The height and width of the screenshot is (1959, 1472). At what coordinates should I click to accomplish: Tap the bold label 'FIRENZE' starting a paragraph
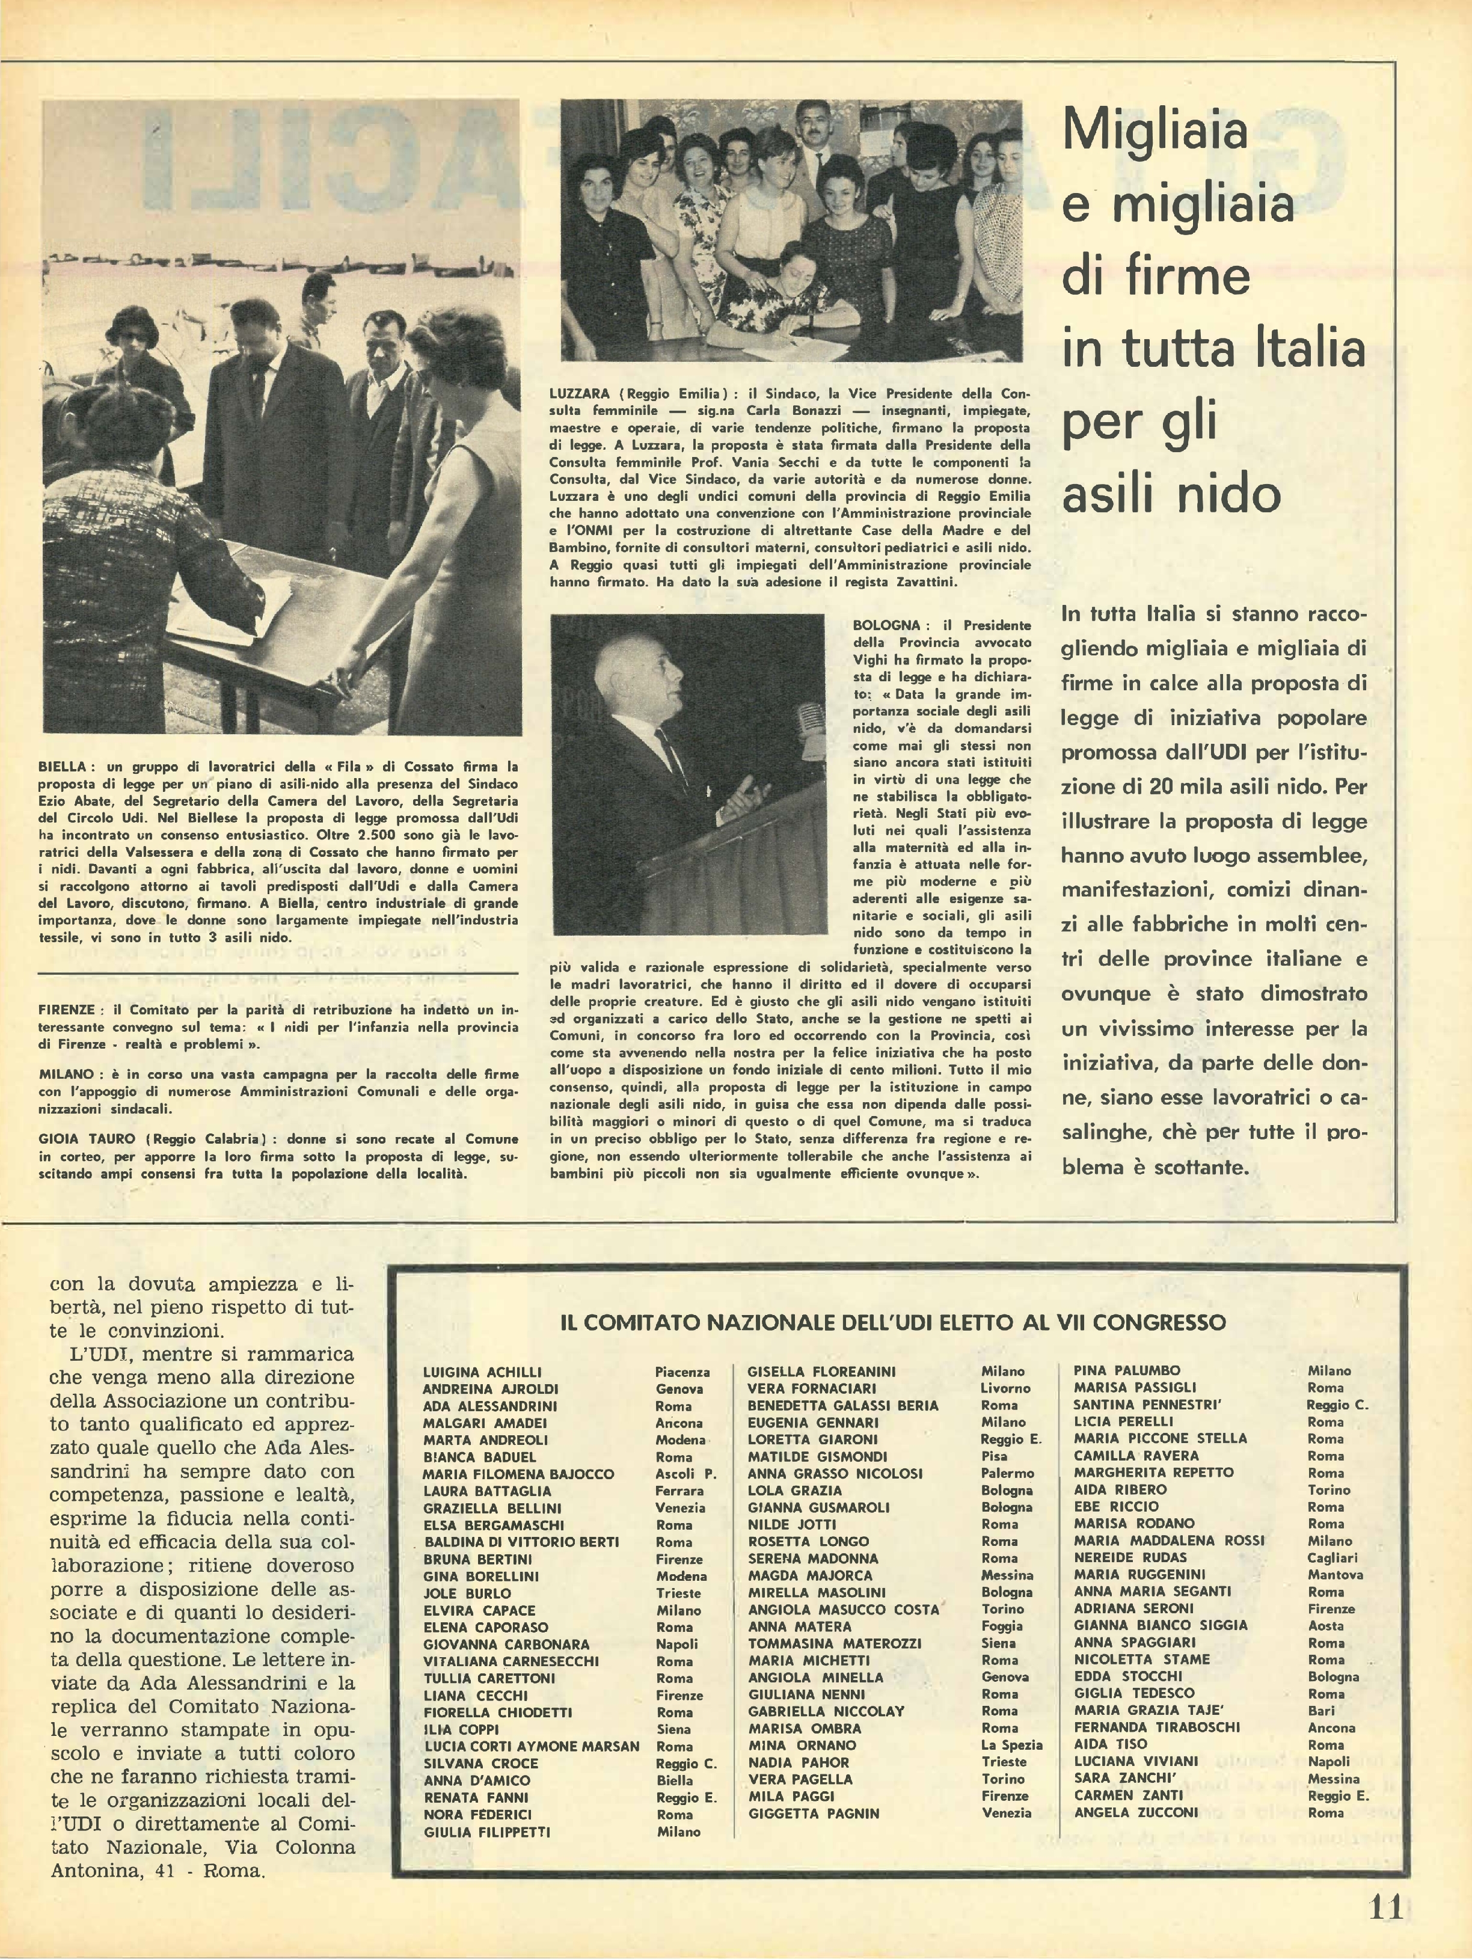pyautogui.click(x=67, y=1010)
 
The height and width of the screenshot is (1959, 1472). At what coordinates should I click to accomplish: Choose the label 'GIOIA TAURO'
pyautogui.click(x=88, y=1139)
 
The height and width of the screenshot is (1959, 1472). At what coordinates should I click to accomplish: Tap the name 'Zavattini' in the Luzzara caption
pyautogui.click(x=922, y=582)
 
